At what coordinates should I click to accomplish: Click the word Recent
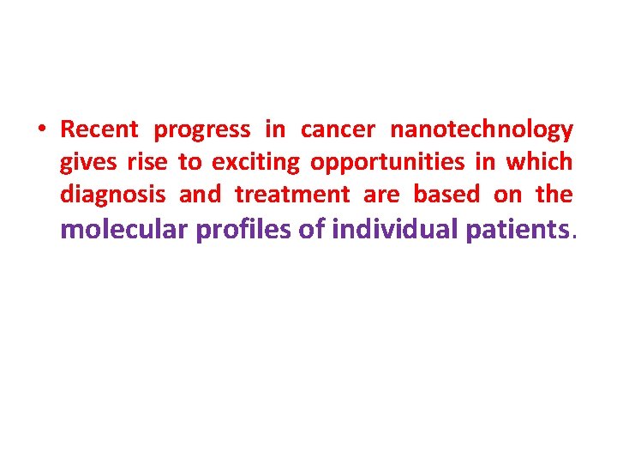[x=99, y=130]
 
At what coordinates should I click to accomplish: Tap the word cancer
[x=338, y=130]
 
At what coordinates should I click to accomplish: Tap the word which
[x=539, y=162]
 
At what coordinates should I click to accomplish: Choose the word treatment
[x=292, y=195]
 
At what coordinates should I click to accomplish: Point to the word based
[x=446, y=195]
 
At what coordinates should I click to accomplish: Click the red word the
[x=554, y=195]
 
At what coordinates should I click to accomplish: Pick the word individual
[x=395, y=230]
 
